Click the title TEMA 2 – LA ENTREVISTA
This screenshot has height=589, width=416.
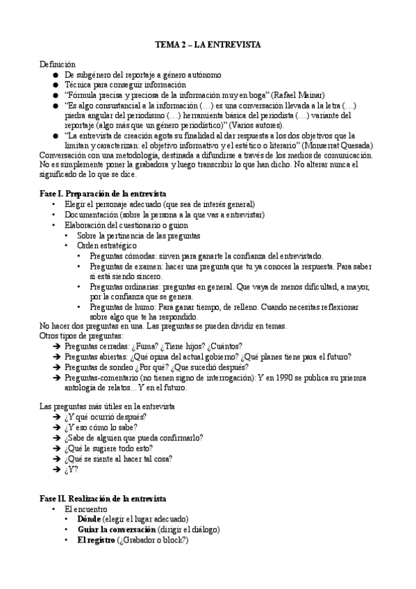[207, 44]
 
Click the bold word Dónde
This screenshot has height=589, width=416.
[89, 519]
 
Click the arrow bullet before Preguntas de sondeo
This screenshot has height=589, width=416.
[56, 367]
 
